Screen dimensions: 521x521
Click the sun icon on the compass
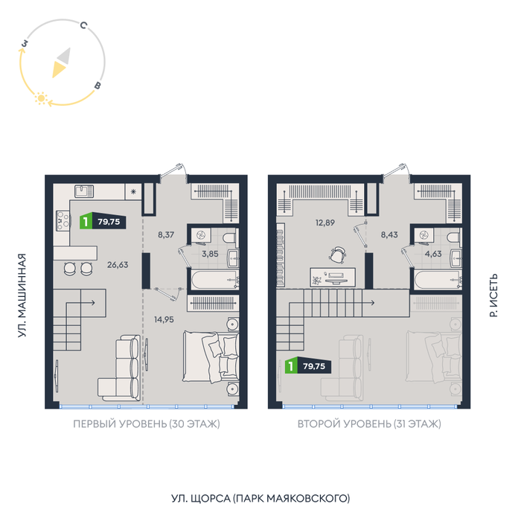click(x=41, y=98)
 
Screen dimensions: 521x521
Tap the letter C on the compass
click(x=83, y=25)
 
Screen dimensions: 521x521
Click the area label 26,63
click(x=118, y=265)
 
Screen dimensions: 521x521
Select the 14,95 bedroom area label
click(x=164, y=319)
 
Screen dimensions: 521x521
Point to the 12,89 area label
click(x=325, y=223)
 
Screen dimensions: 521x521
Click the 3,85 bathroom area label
click(x=211, y=254)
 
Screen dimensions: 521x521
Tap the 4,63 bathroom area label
click(x=433, y=254)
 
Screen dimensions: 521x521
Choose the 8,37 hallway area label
click(x=166, y=235)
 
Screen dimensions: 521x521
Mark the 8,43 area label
click(x=389, y=235)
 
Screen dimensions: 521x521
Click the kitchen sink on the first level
click(x=84, y=191)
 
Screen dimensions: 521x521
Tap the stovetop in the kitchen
click(x=63, y=220)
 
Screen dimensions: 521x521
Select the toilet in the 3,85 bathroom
click(x=230, y=238)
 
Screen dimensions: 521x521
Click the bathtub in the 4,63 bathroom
click(x=438, y=280)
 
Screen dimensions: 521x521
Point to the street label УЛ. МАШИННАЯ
click(x=22, y=295)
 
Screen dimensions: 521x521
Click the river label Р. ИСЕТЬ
click(x=493, y=295)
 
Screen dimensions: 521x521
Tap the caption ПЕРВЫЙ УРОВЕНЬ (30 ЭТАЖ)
click(x=147, y=424)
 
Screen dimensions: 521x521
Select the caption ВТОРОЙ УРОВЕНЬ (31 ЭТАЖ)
click(x=369, y=424)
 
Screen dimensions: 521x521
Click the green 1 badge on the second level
click(x=291, y=366)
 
